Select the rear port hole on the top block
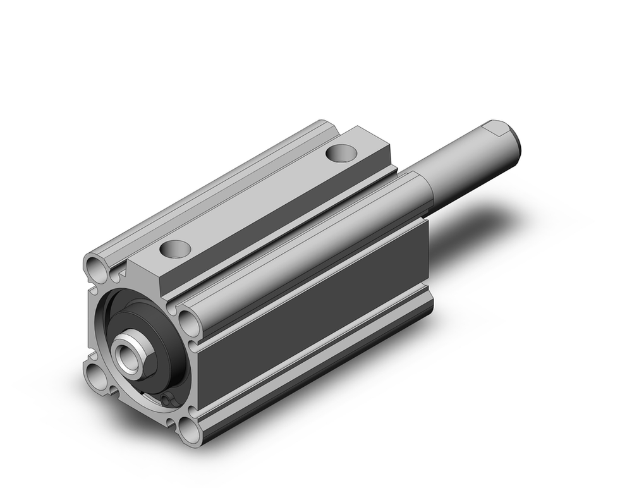pyautogui.click(x=341, y=152)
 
